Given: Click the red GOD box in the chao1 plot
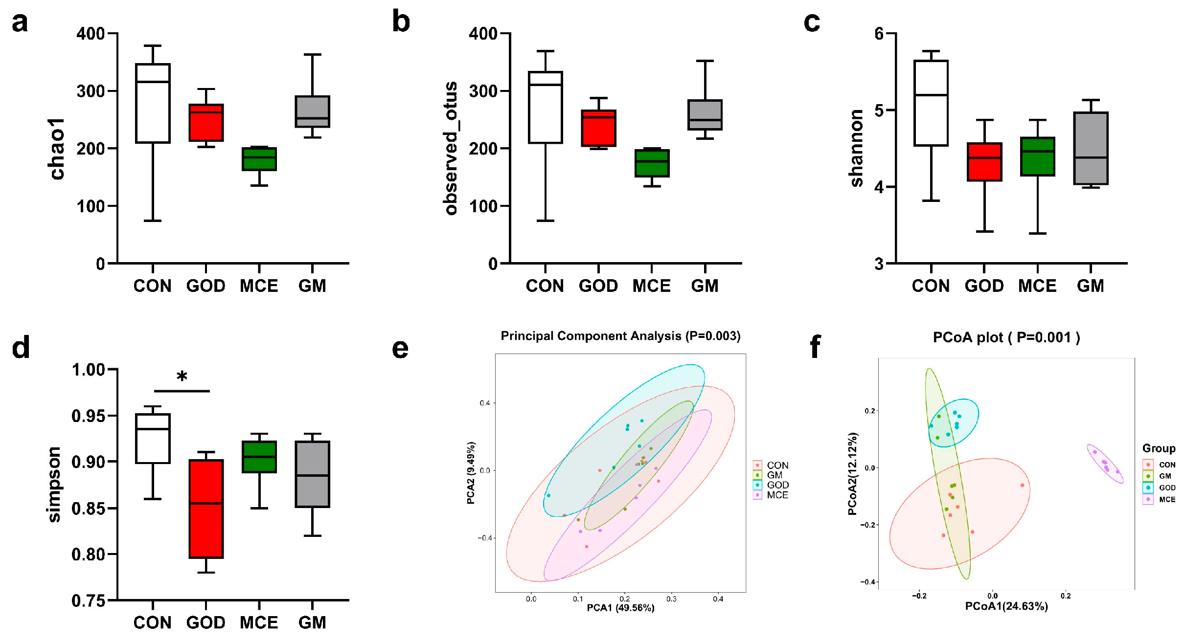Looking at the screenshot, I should pyautogui.click(x=206, y=122).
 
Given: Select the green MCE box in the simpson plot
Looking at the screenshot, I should pyautogui.click(x=259, y=457).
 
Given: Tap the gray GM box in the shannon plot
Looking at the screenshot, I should pyautogui.click(x=1091, y=148).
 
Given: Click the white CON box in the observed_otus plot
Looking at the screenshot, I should pyautogui.click(x=545, y=108).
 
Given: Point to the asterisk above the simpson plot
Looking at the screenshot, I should pyautogui.click(x=182, y=377).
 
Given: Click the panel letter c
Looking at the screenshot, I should pyautogui.click(x=812, y=22).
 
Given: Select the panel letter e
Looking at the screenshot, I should pyautogui.click(x=400, y=348).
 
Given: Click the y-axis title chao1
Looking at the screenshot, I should pyautogui.click(x=57, y=149).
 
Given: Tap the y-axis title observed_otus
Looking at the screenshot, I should pyautogui.click(x=451, y=148).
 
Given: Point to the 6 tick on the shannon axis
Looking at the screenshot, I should pyautogui.click(x=879, y=33).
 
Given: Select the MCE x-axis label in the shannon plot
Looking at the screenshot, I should pyautogui.click(x=1037, y=286).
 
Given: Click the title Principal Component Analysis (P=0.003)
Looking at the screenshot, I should pyautogui.click(x=620, y=336).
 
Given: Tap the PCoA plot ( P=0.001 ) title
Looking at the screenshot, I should pyautogui.click(x=1006, y=337).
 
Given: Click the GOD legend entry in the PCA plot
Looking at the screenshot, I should pyautogui.click(x=777, y=485).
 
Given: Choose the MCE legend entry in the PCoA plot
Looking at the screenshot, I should pyautogui.click(x=1167, y=499).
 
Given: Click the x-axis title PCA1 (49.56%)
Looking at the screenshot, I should pyautogui.click(x=620, y=608).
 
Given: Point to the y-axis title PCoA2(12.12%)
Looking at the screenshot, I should pyautogui.click(x=852, y=474).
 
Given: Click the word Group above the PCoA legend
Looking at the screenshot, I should pyautogui.click(x=1159, y=448).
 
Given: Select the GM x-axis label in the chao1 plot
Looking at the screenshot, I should pyautogui.click(x=312, y=286).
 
